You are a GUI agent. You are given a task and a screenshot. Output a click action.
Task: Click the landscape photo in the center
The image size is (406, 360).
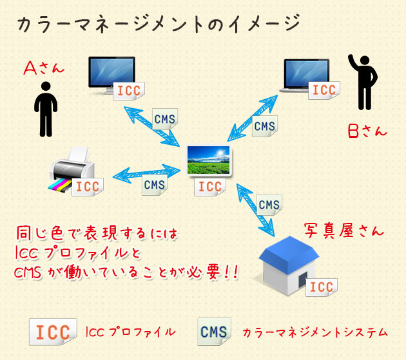point(209,160)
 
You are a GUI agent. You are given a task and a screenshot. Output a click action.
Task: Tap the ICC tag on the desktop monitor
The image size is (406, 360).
point(128,90)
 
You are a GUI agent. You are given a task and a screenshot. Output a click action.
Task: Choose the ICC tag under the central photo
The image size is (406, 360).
point(210,187)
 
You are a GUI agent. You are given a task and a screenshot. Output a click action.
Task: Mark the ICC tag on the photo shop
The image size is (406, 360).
point(320,287)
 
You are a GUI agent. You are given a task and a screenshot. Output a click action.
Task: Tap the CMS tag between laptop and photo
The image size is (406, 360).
point(264,126)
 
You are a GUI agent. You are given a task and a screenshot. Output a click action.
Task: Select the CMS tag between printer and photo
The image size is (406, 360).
point(155,185)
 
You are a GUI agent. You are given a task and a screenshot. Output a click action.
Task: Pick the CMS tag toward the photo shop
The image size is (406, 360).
point(269,205)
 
